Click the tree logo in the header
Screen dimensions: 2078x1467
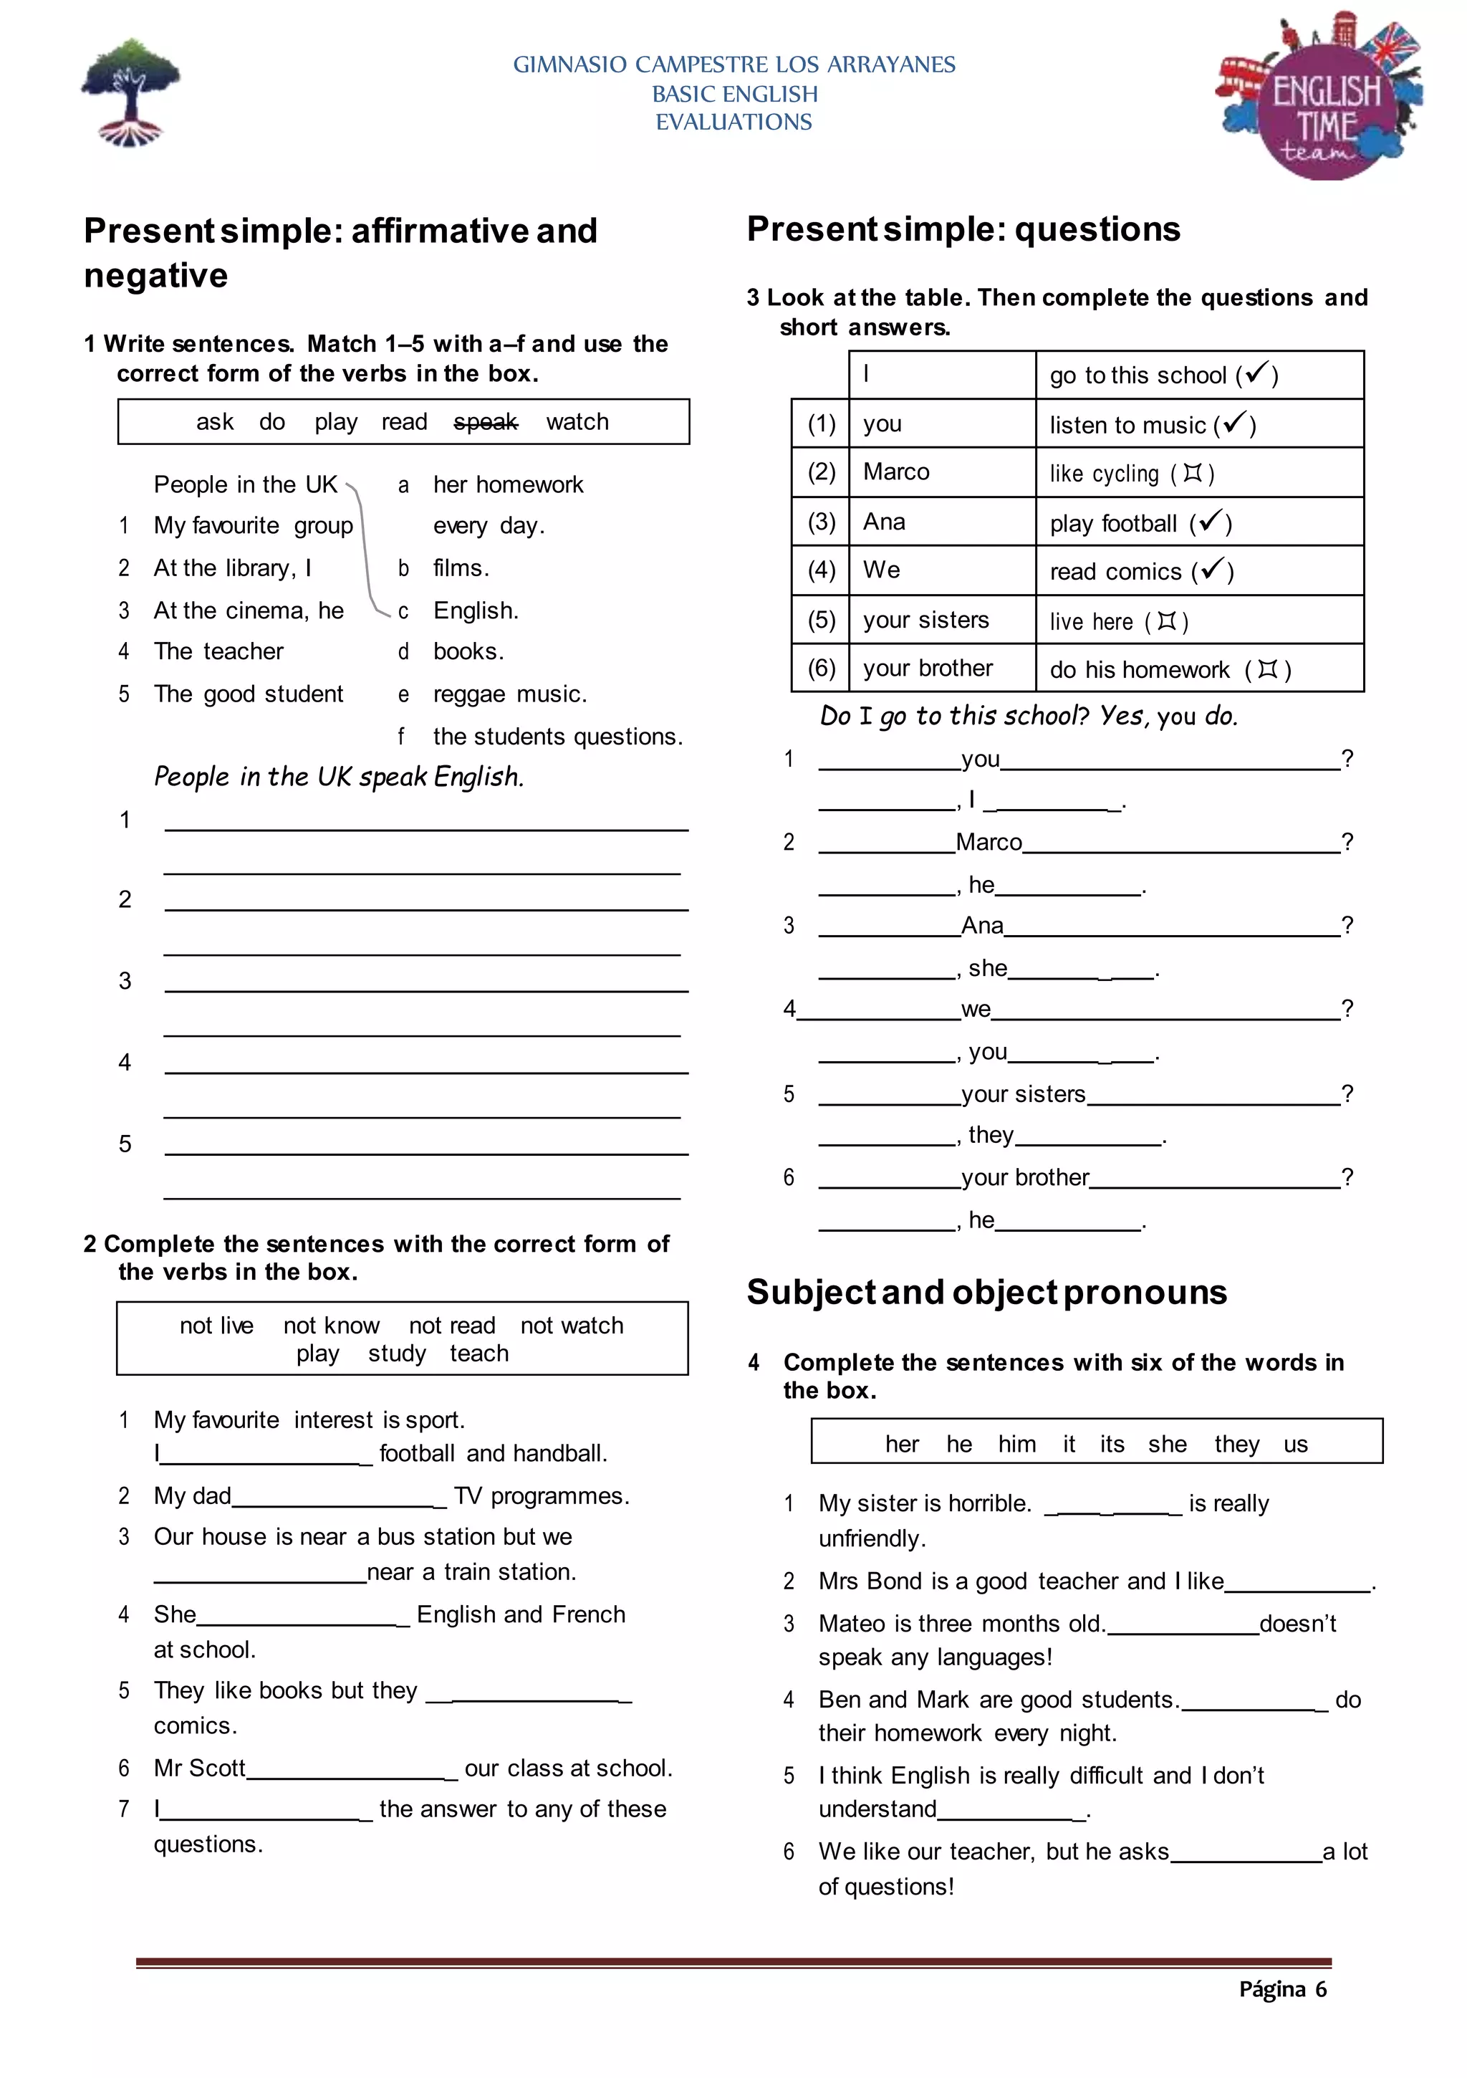point(131,92)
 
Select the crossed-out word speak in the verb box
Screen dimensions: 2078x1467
point(485,422)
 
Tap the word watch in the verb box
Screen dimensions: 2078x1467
point(577,422)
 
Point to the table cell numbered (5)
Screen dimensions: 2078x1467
point(821,620)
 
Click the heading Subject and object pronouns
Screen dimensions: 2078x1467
point(986,1293)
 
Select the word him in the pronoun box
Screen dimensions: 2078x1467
point(1016,1445)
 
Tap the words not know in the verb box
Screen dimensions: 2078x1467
point(331,1326)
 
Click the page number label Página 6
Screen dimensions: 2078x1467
point(1281,1989)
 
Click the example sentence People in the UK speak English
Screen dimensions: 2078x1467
point(339,777)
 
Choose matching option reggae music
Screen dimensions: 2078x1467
point(509,694)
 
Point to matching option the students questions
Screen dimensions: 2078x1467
point(557,737)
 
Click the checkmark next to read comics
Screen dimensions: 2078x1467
point(1213,569)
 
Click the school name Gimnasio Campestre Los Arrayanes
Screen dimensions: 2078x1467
point(734,64)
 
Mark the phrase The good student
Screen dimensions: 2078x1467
point(248,694)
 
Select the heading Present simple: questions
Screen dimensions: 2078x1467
point(963,229)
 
